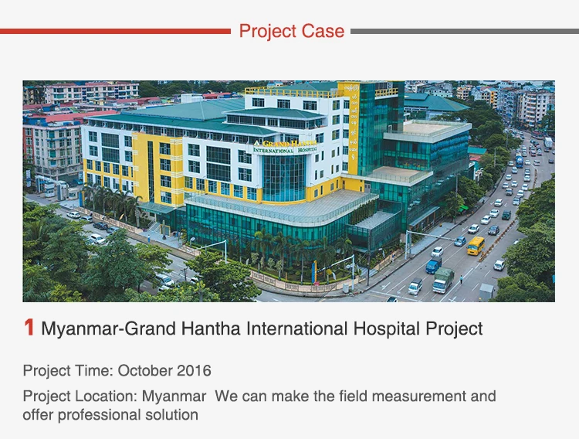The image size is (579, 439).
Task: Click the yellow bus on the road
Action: coord(476,246)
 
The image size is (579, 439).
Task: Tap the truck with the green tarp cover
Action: coord(443,280)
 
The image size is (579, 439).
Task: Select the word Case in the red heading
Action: coord(323,31)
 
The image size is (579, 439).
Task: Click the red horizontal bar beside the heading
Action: coord(115,32)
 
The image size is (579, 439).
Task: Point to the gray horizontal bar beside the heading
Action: coord(465,32)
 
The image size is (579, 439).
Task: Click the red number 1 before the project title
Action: coord(29,328)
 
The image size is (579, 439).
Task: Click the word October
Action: coord(145,370)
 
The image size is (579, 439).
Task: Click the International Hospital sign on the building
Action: coord(285,150)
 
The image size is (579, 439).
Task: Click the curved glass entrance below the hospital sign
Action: coord(283,179)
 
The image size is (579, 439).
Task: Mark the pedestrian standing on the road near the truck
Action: coord(461,278)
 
